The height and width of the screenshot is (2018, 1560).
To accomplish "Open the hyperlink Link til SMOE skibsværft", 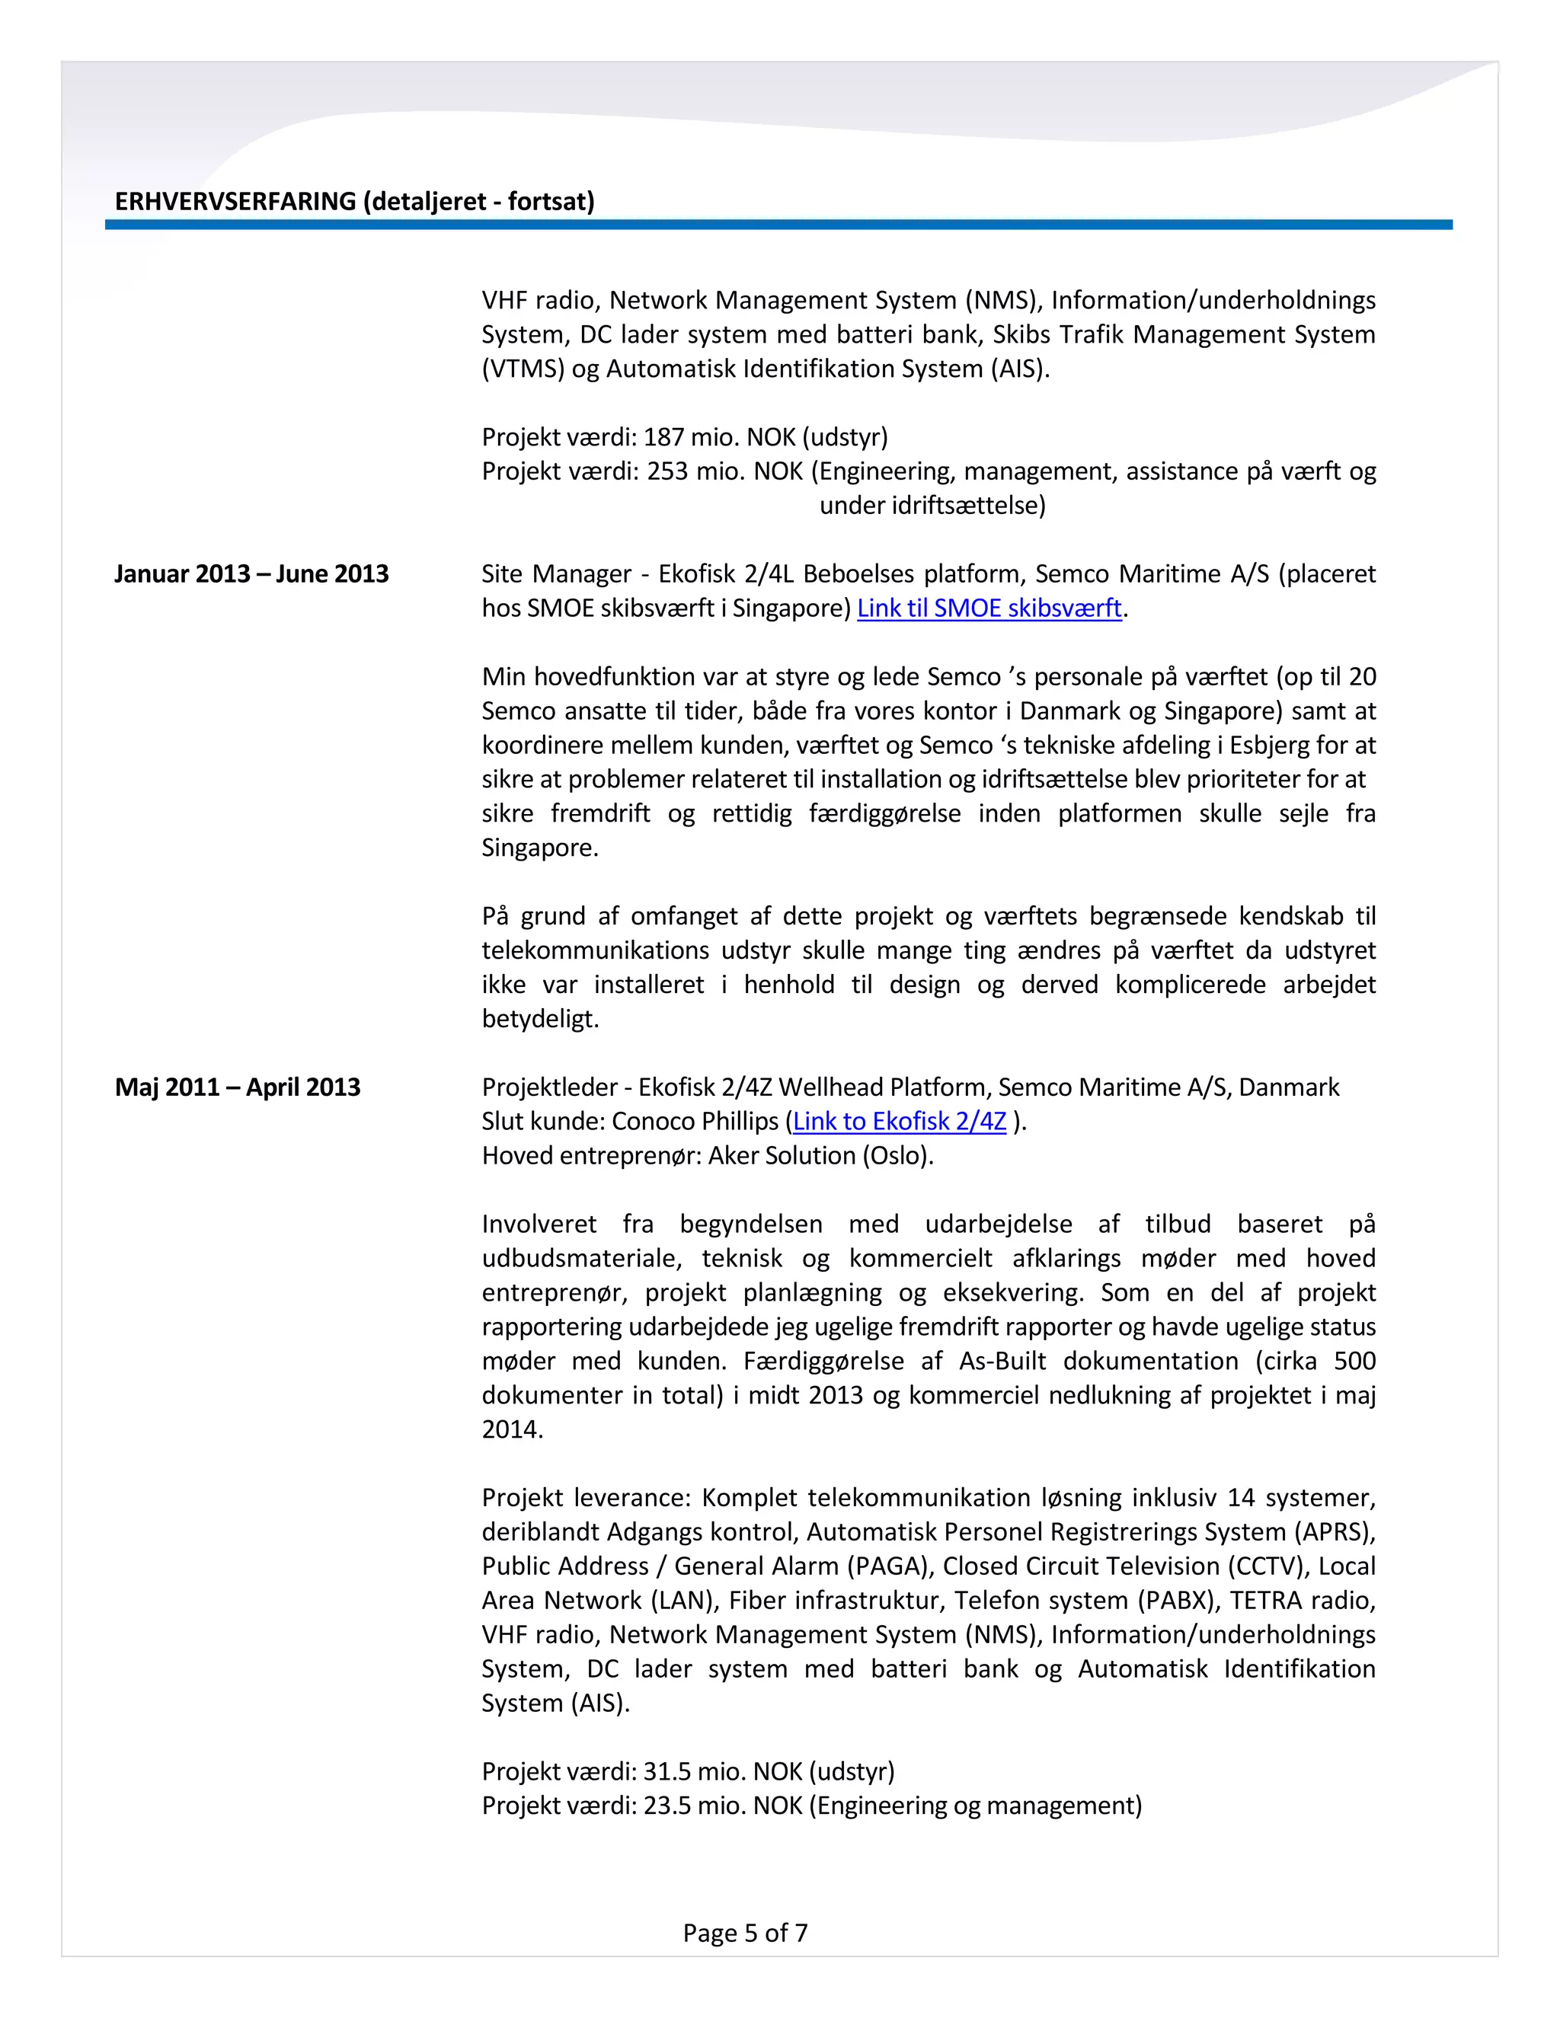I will coord(989,608).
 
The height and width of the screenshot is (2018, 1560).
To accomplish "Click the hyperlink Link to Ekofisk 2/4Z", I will coord(900,1121).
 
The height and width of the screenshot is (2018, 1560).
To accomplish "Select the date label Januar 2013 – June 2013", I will coord(251,574).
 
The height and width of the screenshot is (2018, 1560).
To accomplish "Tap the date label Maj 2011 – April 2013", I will coord(238,1087).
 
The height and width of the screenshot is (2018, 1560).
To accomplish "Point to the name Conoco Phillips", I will coord(695,1121).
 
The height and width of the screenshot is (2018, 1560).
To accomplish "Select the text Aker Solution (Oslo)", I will coord(820,1155).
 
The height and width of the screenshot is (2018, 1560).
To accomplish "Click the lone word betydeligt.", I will coord(540,1019).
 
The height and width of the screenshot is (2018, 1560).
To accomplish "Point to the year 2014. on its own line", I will coord(512,1429).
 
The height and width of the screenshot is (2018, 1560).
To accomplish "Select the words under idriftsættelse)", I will coord(932,506).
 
